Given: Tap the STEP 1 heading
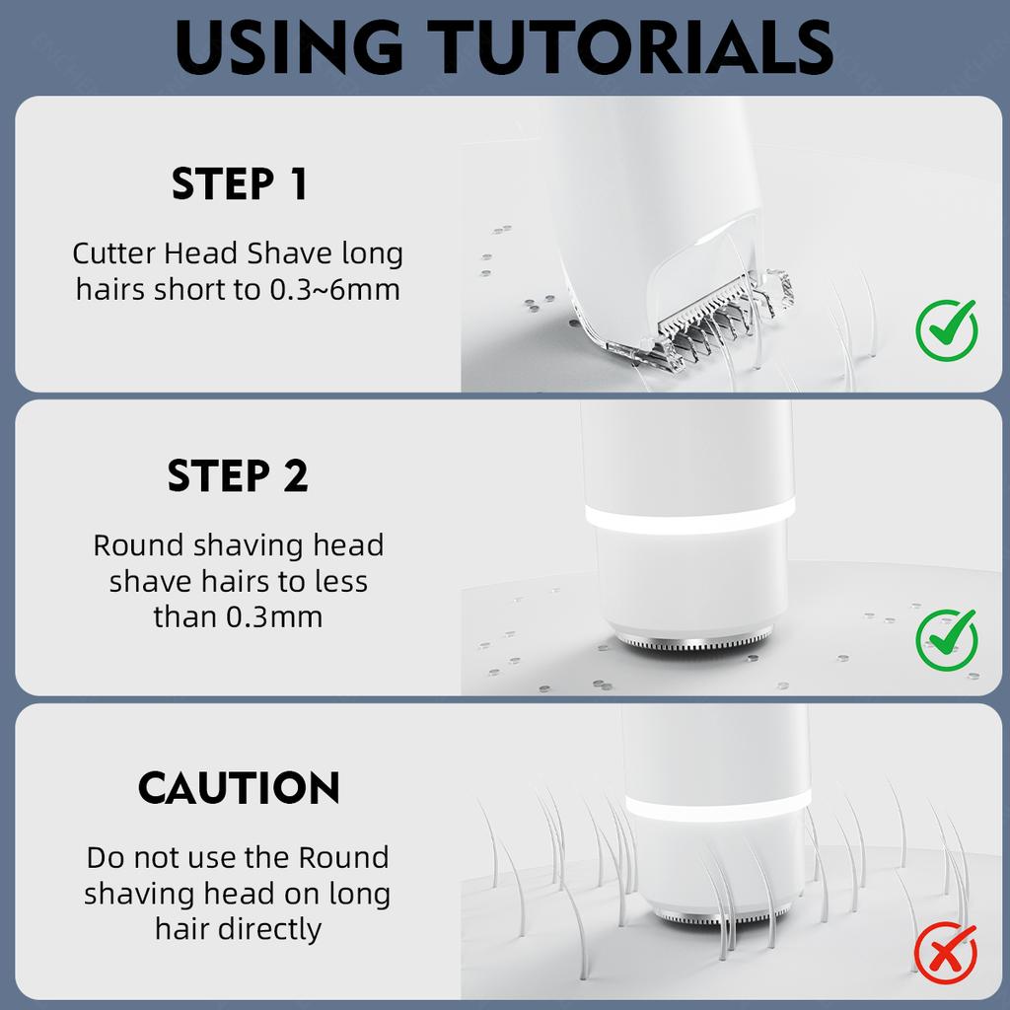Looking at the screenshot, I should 239,184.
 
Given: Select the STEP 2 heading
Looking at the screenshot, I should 238,476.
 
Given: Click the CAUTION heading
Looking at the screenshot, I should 239,787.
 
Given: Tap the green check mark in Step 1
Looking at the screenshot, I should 946,329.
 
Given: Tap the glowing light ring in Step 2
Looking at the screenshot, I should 689,515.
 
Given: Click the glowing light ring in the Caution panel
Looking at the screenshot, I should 718,806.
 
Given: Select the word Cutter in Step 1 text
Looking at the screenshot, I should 114,253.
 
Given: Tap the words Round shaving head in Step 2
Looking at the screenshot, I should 239,545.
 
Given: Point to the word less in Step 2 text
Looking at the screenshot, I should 340,582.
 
